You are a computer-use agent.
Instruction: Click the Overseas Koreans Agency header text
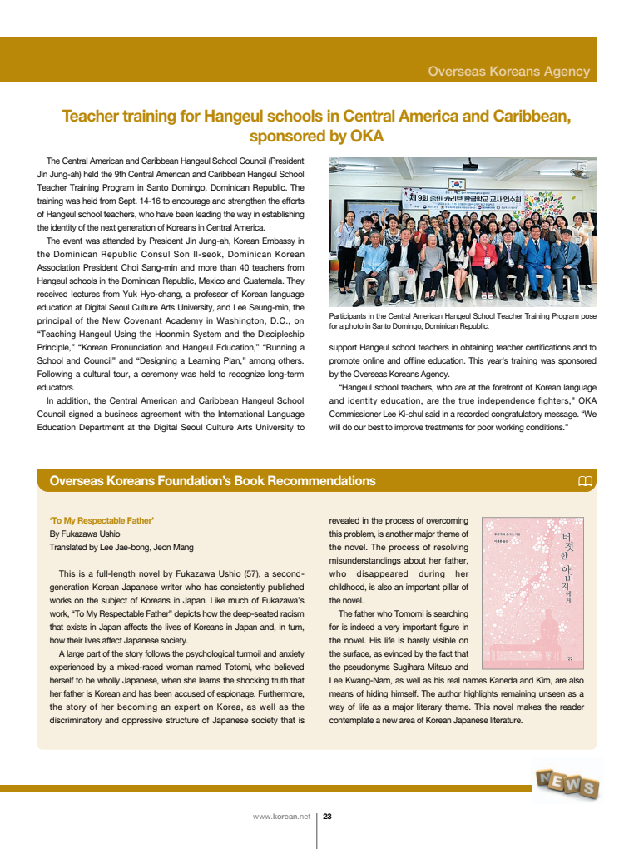[508, 72]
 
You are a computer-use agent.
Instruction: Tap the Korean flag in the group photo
[455, 183]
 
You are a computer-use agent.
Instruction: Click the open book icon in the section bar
[584, 481]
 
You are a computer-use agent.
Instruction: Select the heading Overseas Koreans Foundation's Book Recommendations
[212, 481]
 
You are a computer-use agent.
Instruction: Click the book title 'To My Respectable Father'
[102, 520]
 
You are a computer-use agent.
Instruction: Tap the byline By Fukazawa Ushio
[85, 534]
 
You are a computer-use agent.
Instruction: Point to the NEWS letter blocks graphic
[568, 783]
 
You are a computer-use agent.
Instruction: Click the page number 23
[328, 817]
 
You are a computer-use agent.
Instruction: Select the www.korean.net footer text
[281, 817]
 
